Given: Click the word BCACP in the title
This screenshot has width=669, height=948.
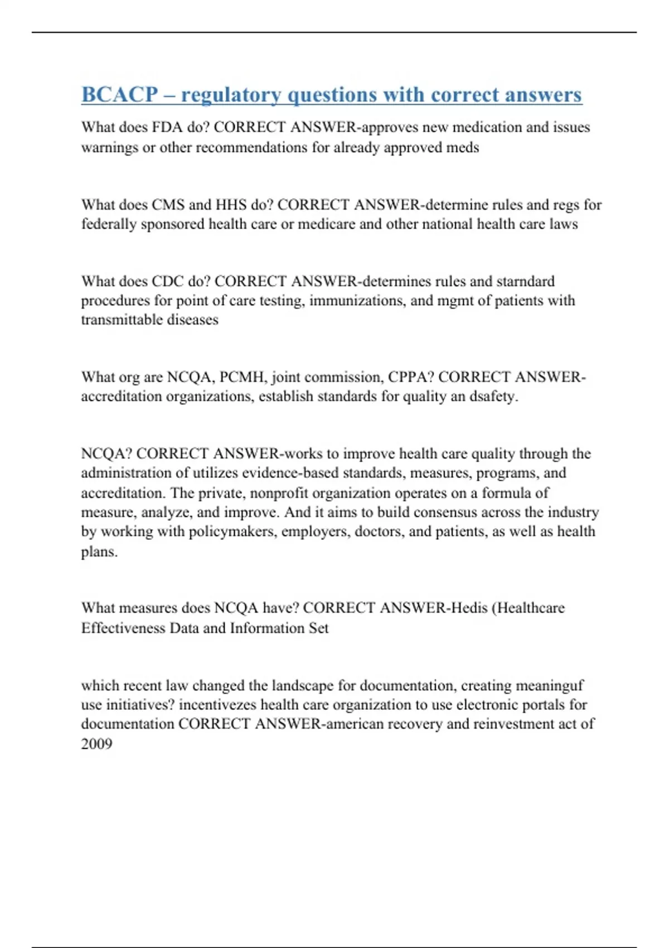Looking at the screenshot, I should coord(120,94).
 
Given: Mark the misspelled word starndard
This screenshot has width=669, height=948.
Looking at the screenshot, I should coord(525,281).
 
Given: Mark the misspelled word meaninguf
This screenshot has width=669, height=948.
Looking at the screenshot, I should coord(550,685).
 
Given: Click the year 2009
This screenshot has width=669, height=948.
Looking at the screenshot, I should coord(96,744).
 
